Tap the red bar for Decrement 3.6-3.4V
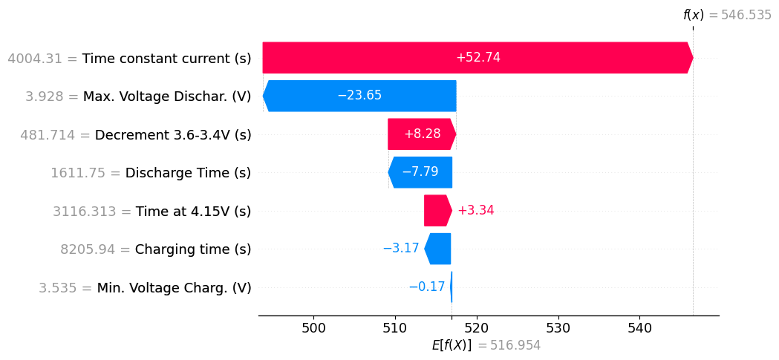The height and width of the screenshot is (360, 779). (x=421, y=134)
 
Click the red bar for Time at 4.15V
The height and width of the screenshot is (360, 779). (x=437, y=211)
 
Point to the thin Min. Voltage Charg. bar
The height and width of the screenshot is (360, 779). (x=451, y=287)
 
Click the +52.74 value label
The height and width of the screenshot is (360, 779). (x=477, y=58)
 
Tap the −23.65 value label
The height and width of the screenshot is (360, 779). (x=359, y=96)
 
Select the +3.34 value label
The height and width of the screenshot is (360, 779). (x=475, y=211)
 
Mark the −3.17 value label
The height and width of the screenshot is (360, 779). (x=401, y=249)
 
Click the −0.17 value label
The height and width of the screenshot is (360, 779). (x=427, y=287)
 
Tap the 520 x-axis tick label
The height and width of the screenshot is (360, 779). (x=476, y=327)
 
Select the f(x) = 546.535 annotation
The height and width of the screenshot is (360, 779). (x=727, y=15)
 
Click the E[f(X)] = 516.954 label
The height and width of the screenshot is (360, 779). (x=486, y=345)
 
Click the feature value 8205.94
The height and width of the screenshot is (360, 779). (x=88, y=249)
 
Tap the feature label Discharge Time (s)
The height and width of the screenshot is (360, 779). (x=188, y=173)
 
